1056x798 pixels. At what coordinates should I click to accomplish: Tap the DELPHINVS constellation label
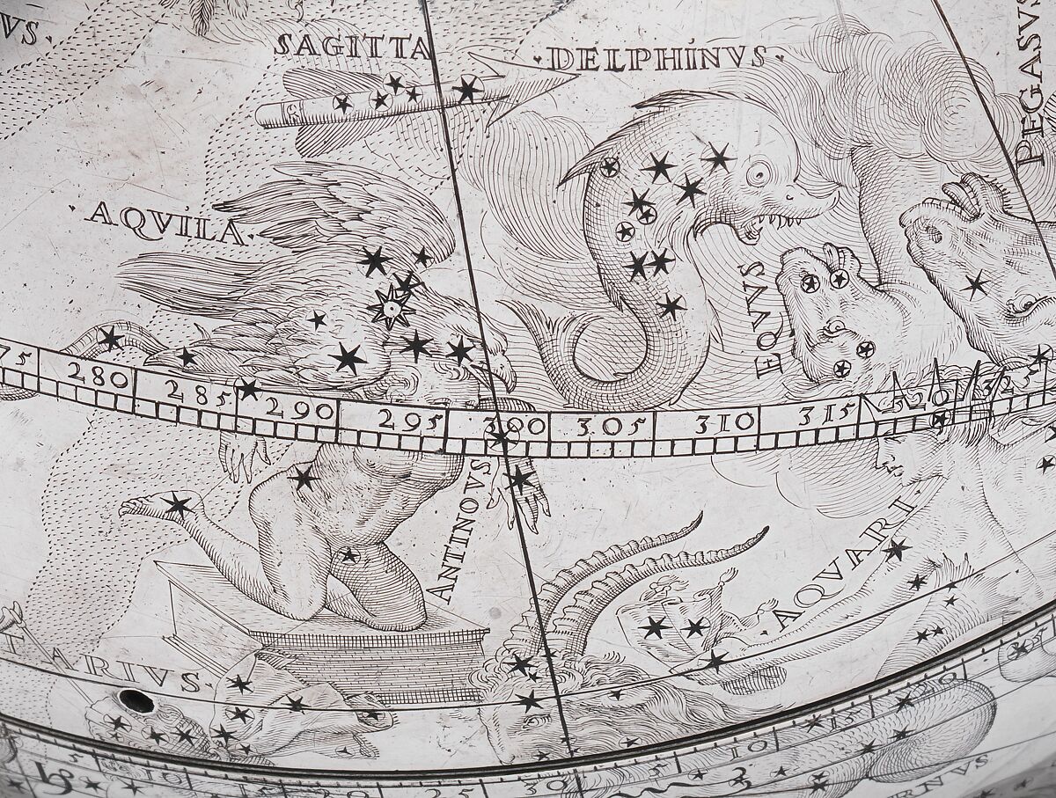656,58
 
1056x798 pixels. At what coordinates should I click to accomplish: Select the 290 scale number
299,410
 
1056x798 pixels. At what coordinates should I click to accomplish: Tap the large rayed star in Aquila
390,307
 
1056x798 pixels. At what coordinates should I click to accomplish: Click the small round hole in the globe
136,701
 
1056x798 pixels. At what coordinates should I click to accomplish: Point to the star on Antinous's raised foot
179,505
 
